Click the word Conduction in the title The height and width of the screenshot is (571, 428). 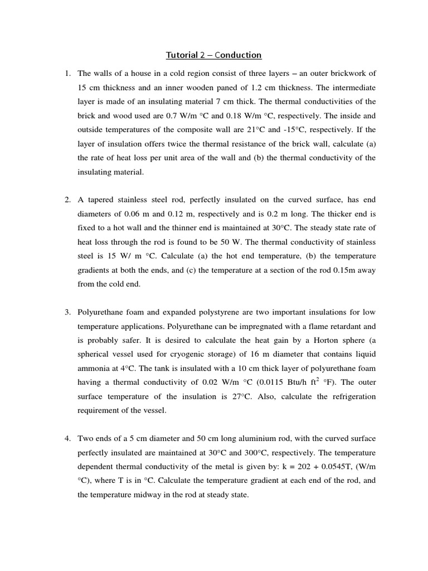point(230,55)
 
